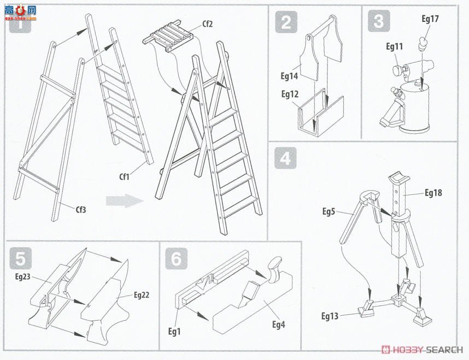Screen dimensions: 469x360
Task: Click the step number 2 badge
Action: point(286,22)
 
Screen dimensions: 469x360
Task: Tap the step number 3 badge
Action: point(379,21)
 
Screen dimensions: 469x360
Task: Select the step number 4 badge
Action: point(286,158)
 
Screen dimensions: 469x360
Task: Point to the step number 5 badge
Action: point(21,258)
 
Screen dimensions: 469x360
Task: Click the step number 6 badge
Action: point(177,258)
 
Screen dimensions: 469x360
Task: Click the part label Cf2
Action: point(207,24)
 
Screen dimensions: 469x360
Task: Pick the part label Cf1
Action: point(124,176)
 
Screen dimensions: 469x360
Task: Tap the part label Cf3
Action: point(81,210)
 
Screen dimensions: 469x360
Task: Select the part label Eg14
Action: point(289,76)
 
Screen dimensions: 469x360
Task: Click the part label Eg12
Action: point(290,95)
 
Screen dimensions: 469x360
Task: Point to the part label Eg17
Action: point(430,19)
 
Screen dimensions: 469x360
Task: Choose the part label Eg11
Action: point(394,46)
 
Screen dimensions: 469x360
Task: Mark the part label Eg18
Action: point(433,193)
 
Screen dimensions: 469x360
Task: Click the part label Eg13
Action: point(330,316)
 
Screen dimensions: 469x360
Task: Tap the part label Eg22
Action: point(142,295)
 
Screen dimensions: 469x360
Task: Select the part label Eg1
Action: point(174,331)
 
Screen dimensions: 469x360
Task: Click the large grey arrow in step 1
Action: point(125,200)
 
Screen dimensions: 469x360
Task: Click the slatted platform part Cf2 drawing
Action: point(168,36)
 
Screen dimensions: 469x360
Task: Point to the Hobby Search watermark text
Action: point(422,350)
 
